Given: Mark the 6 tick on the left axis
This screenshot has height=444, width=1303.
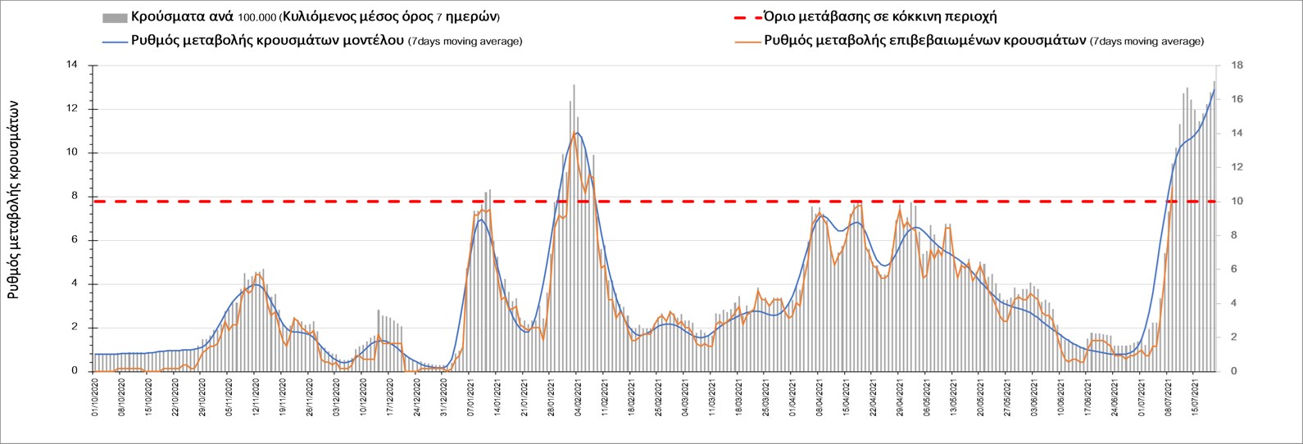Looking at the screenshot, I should tap(74, 240).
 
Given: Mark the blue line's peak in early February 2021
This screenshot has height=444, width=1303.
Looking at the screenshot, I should tap(577, 133).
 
